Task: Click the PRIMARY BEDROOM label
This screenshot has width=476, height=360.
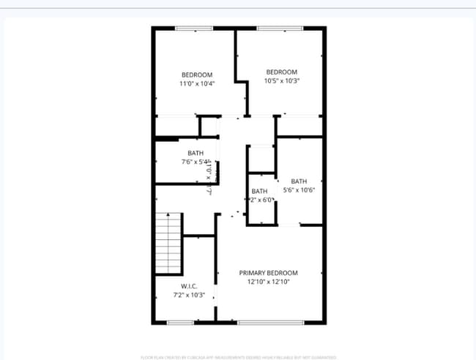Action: pos(268,272)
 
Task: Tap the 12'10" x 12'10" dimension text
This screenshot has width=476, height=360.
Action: pos(268,281)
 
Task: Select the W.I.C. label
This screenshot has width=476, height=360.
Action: pos(189,285)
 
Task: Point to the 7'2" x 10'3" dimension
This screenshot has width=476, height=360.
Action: pos(189,295)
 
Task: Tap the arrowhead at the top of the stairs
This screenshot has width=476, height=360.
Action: pos(168,214)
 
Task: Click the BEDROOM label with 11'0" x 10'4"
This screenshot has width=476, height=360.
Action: pos(197,75)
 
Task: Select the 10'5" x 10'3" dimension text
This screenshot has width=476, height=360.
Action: pos(282,80)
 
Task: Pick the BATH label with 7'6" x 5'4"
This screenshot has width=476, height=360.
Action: pos(196,153)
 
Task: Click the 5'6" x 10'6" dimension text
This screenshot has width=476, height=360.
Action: pos(299,190)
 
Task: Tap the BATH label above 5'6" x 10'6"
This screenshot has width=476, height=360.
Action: pos(299,181)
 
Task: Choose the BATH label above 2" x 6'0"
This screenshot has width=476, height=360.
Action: pos(260,191)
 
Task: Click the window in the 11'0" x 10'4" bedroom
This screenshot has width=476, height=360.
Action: pos(194,29)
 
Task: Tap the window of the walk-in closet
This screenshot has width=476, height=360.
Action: pos(180,322)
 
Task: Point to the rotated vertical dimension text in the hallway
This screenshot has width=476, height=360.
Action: pos(209,177)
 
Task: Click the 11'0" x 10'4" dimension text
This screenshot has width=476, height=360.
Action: pos(197,83)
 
